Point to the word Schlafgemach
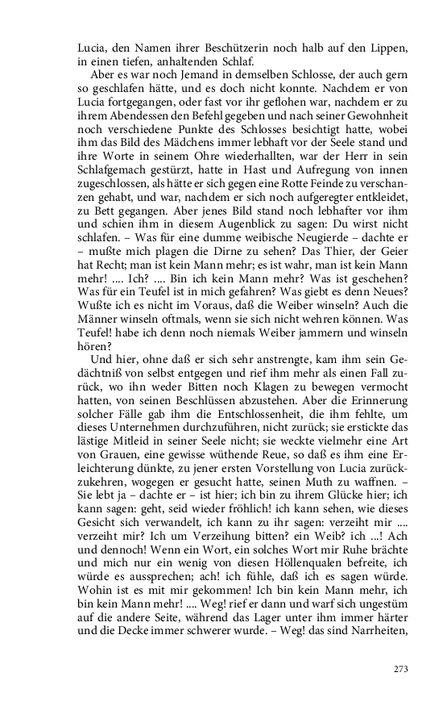tap(110, 173)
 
